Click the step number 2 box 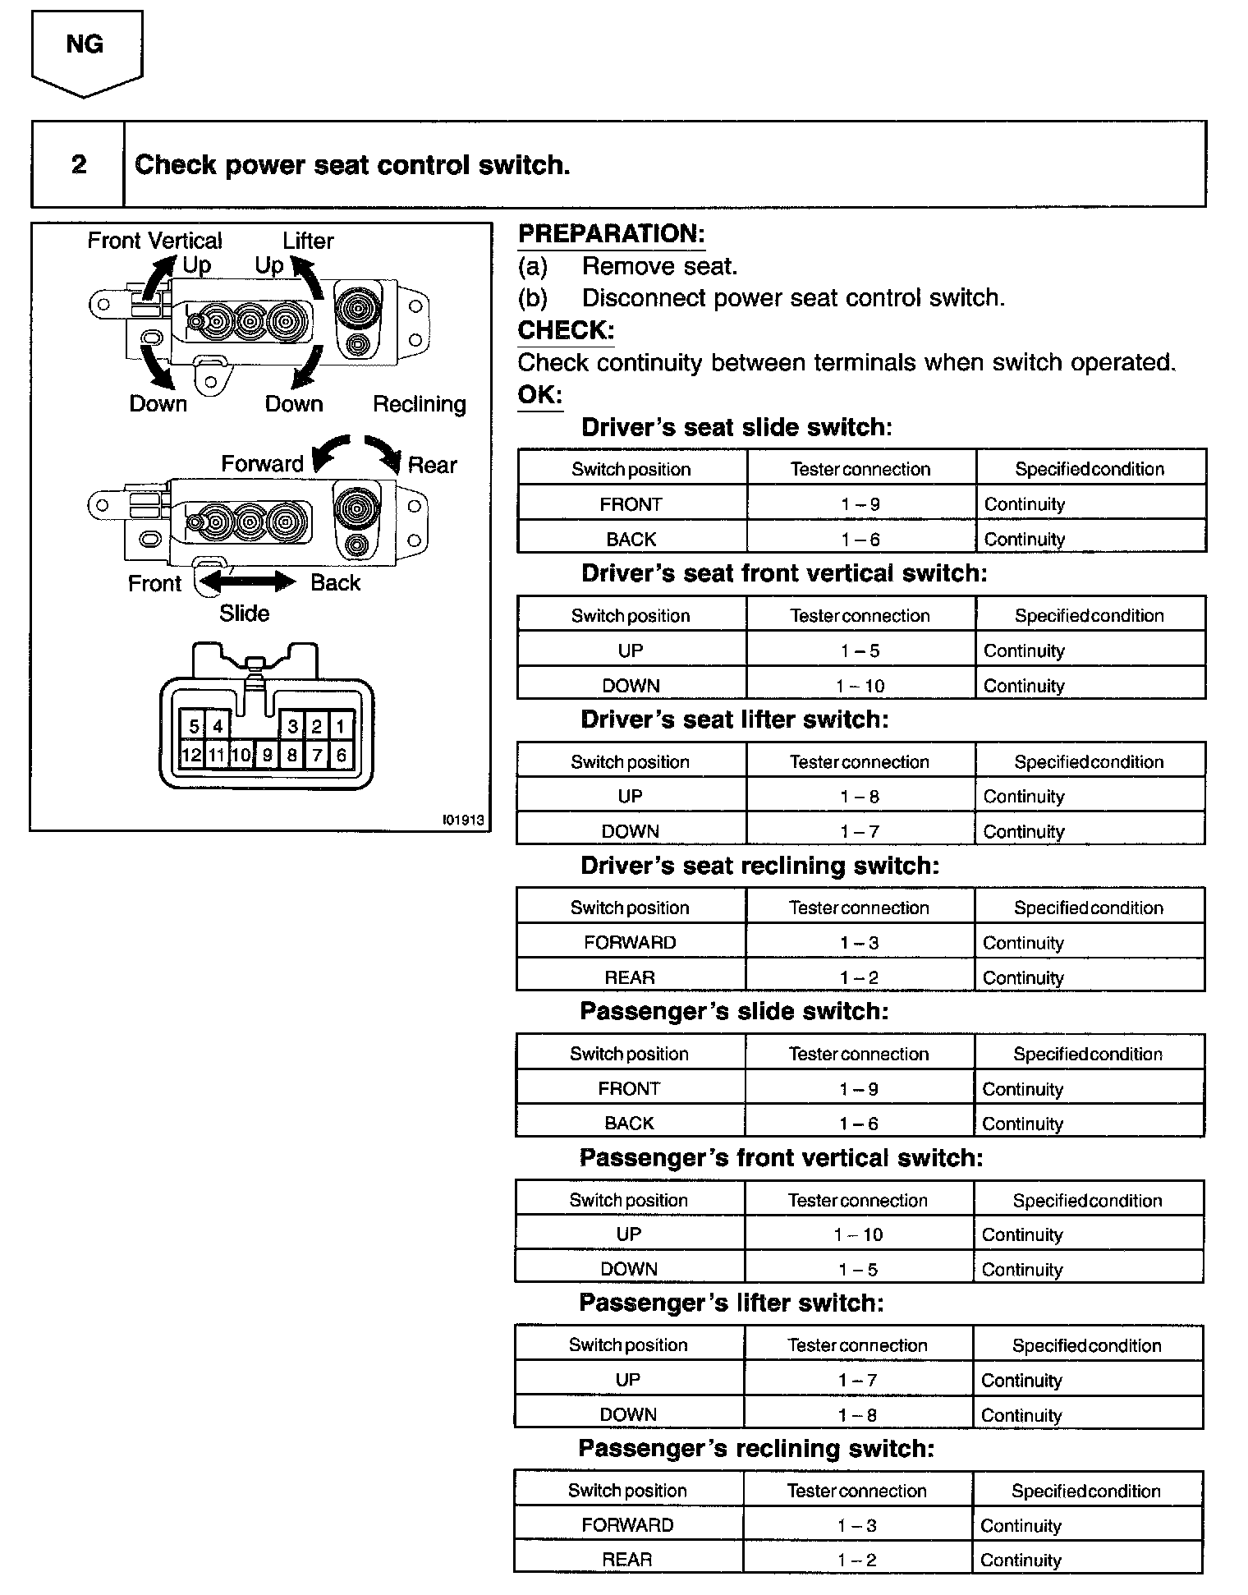[78, 164]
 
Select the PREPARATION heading [611, 234]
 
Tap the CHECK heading [566, 330]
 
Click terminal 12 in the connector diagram [191, 755]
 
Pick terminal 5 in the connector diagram [194, 726]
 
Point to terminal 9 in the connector [267, 755]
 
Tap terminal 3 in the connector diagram [292, 726]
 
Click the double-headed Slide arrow [247, 582]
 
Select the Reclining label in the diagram [419, 404]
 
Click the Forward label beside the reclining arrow [262, 464]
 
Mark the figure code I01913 [462, 820]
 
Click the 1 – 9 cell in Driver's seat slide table [860, 504]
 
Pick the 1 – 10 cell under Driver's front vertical [860, 686]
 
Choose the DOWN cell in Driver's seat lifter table [631, 831]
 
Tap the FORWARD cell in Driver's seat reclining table [630, 943]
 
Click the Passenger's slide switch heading [734, 1012]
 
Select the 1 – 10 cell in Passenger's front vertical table [858, 1234]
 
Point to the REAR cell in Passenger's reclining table [627, 1560]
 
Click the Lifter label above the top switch [308, 241]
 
